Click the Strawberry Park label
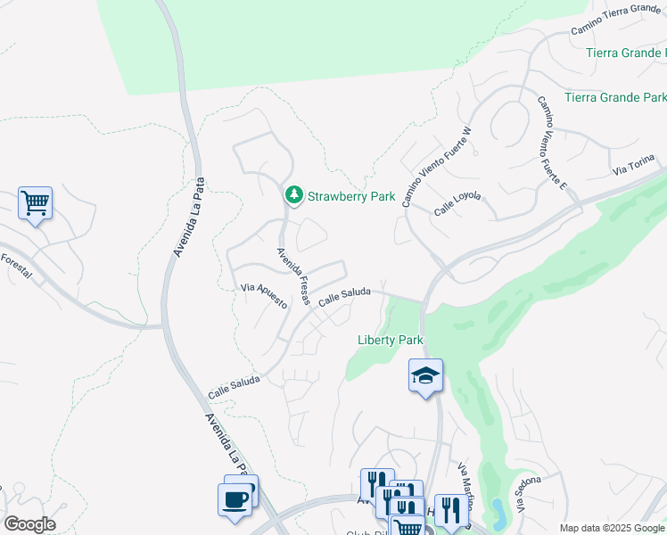point(350,195)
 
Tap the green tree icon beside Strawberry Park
point(293,194)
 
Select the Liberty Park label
point(390,340)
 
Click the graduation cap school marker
point(426,375)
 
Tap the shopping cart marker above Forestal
point(35,203)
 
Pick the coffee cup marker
point(235,498)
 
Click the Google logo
point(29,524)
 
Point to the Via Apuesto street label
point(264,294)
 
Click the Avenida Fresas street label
point(292,276)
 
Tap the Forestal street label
point(16,265)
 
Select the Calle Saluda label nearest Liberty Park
point(342,296)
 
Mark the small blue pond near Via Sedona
point(498,513)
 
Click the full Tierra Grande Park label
point(615,96)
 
